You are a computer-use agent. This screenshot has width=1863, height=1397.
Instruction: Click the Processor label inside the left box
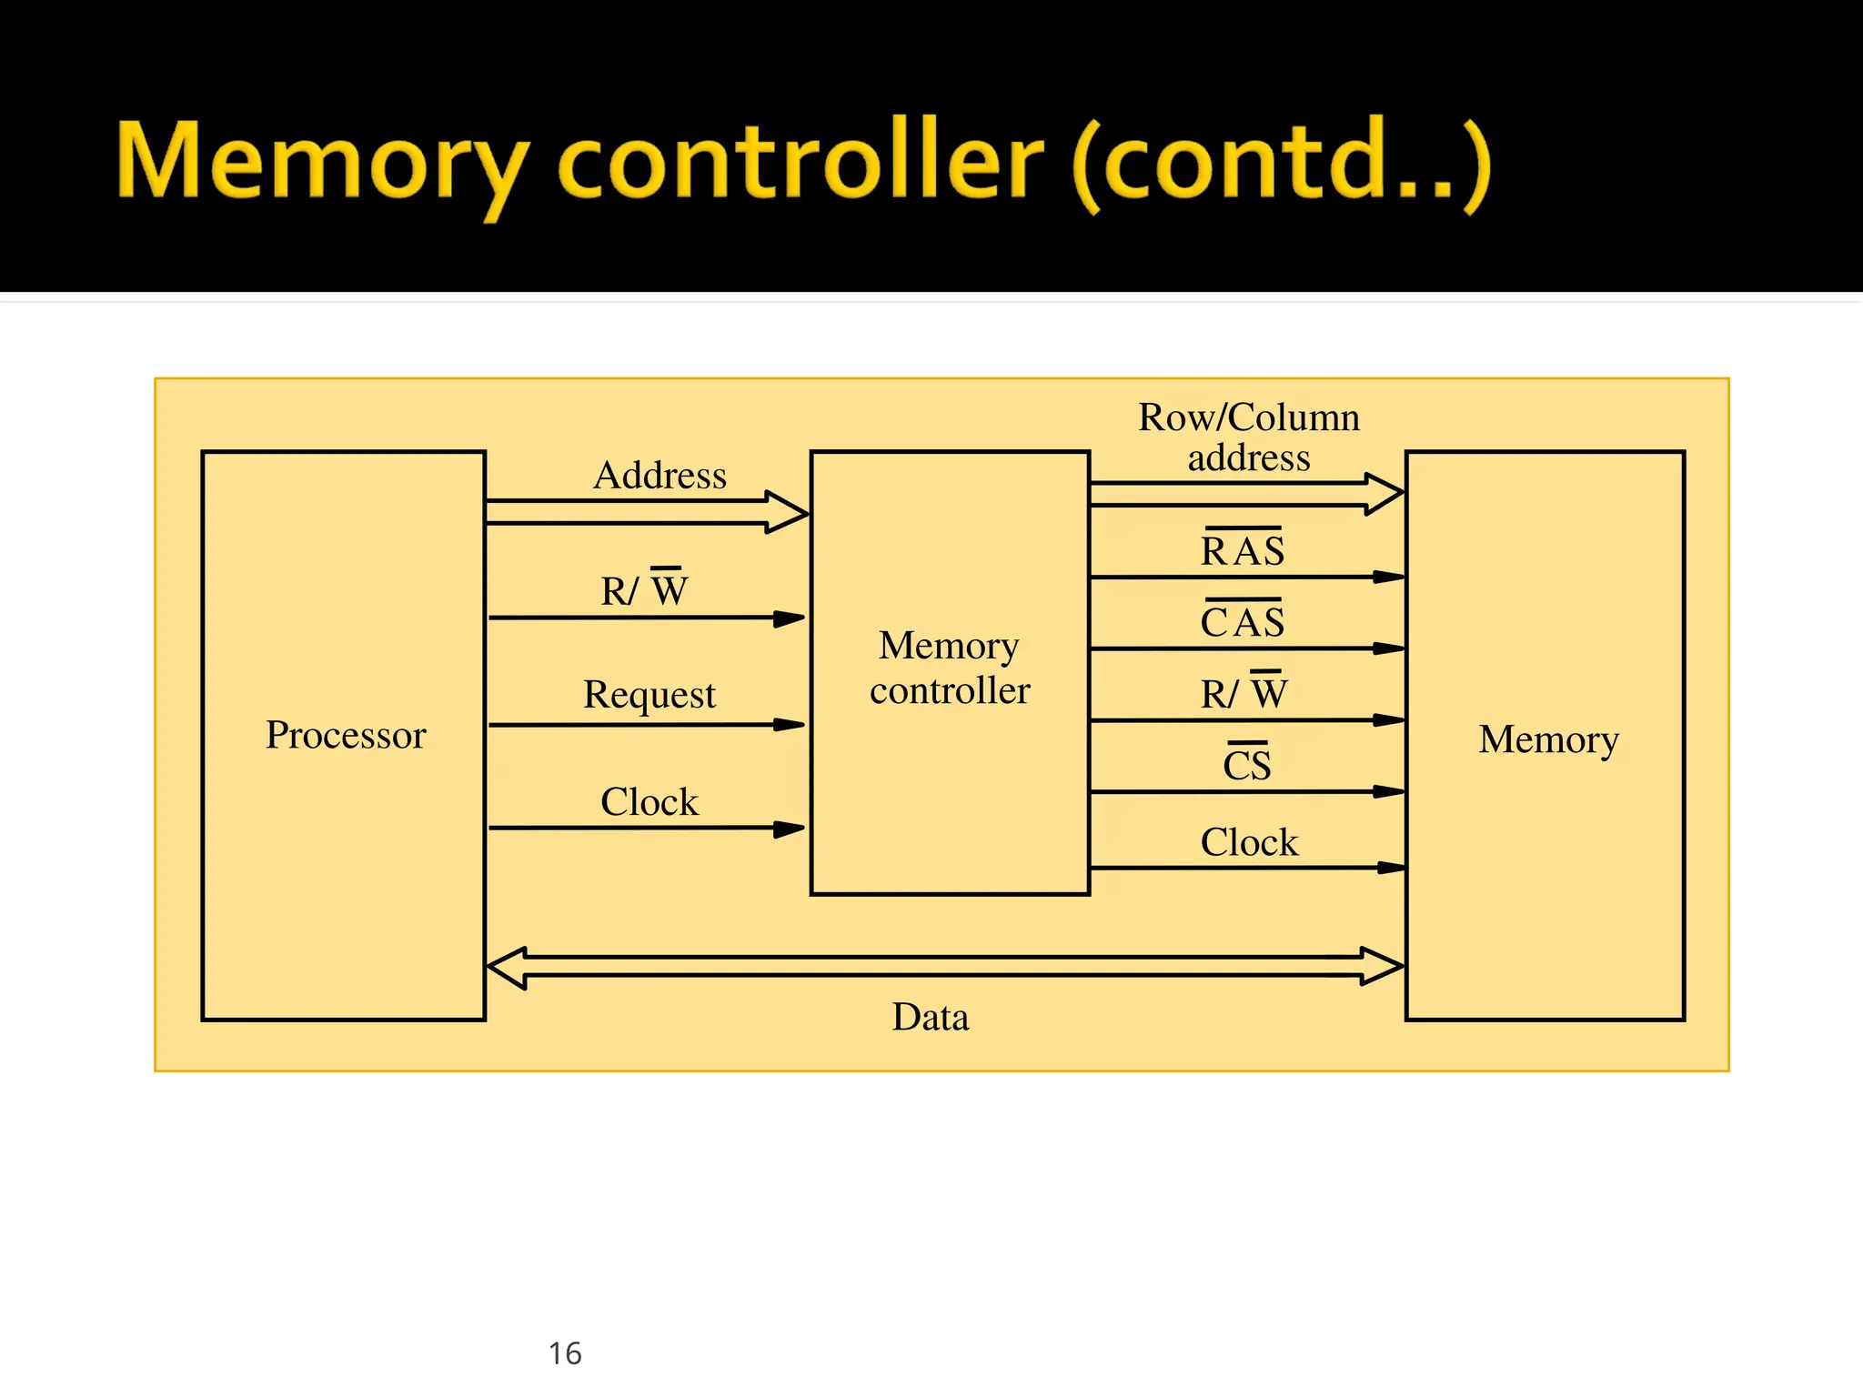[346, 735]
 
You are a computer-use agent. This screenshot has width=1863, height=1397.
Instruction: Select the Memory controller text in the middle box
[950, 668]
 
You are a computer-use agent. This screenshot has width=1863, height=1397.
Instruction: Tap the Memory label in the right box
[1548, 739]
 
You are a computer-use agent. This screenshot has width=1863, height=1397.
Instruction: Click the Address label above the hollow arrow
[660, 475]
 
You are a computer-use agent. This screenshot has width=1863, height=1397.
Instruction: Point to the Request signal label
[650, 695]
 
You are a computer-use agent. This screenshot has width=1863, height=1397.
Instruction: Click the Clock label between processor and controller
[650, 802]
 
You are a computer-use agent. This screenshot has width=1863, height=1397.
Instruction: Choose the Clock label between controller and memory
[1249, 842]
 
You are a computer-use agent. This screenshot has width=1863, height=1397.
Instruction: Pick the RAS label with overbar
[1243, 549]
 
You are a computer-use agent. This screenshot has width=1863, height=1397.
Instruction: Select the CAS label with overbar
[1243, 621]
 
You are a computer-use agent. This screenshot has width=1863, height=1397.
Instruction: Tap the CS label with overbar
[1246, 763]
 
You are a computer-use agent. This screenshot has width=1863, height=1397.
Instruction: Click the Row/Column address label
[1249, 437]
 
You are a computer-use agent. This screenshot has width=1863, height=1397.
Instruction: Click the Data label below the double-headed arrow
[930, 1017]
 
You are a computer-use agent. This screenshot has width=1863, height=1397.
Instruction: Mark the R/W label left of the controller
[644, 589]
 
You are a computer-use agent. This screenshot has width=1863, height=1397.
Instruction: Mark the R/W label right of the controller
[1244, 693]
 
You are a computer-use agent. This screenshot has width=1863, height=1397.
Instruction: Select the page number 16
[565, 1353]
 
